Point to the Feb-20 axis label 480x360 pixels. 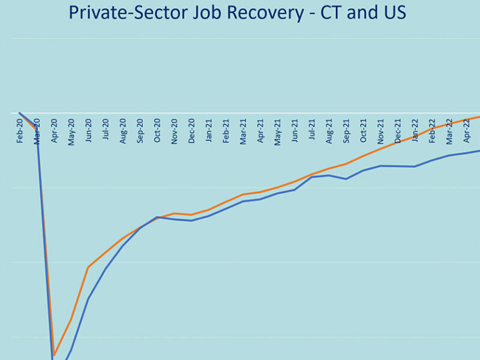pyautogui.click(x=20, y=129)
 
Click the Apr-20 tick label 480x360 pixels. pyautogui.click(x=54, y=129)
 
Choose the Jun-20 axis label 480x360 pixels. pyautogui.click(x=89, y=129)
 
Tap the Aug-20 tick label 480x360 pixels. pyautogui.click(x=123, y=129)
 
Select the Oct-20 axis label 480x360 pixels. pyautogui.click(x=157, y=129)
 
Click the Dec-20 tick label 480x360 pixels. pyautogui.click(x=191, y=129)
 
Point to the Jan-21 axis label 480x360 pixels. pyautogui.click(x=209, y=129)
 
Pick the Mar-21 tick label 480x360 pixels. pyautogui.click(x=244, y=129)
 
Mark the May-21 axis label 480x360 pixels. pyautogui.click(x=278, y=129)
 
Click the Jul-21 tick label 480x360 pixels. pyautogui.click(x=312, y=129)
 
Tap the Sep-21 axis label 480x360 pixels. pyautogui.click(x=346, y=129)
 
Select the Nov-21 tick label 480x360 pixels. pyautogui.click(x=380, y=129)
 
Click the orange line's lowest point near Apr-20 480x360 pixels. pyautogui.click(x=54, y=355)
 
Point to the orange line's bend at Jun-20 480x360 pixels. pyautogui.click(x=88, y=267)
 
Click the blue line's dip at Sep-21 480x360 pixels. pyautogui.click(x=346, y=179)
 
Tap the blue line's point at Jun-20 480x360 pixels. pyautogui.click(x=88, y=299)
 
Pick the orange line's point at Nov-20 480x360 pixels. pyautogui.click(x=174, y=213)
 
